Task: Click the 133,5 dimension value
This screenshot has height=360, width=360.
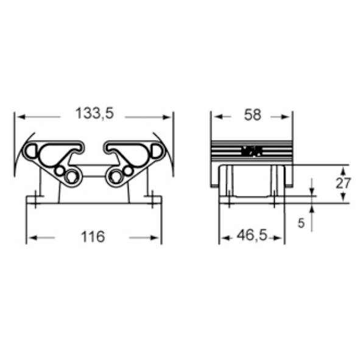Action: (94, 113)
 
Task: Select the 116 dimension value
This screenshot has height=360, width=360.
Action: (93, 237)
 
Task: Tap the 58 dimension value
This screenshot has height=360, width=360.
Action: (252, 115)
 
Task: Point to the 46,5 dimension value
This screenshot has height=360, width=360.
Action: (252, 235)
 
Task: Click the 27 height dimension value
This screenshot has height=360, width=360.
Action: (343, 183)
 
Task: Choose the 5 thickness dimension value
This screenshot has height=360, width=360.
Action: (301, 223)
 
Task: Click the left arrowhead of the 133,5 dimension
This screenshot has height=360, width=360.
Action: (21, 117)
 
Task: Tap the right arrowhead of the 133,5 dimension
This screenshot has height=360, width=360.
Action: (167, 118)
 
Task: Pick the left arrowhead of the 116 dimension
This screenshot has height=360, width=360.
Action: (33, 238)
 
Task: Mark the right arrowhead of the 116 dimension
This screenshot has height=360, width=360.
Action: (155, 238)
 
